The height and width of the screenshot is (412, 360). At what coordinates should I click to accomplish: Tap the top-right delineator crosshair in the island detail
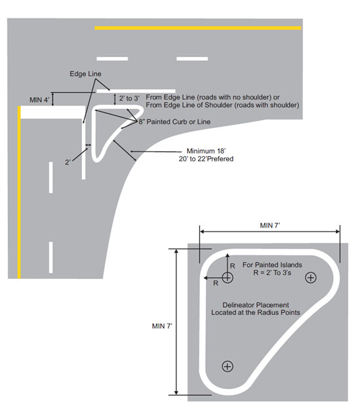(311, 278)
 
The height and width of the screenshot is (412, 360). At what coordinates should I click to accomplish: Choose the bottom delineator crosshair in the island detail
(228, 366)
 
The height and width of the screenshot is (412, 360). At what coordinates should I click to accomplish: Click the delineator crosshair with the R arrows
(227, 278)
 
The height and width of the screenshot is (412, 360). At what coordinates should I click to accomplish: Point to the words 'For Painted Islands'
(270, 265)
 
